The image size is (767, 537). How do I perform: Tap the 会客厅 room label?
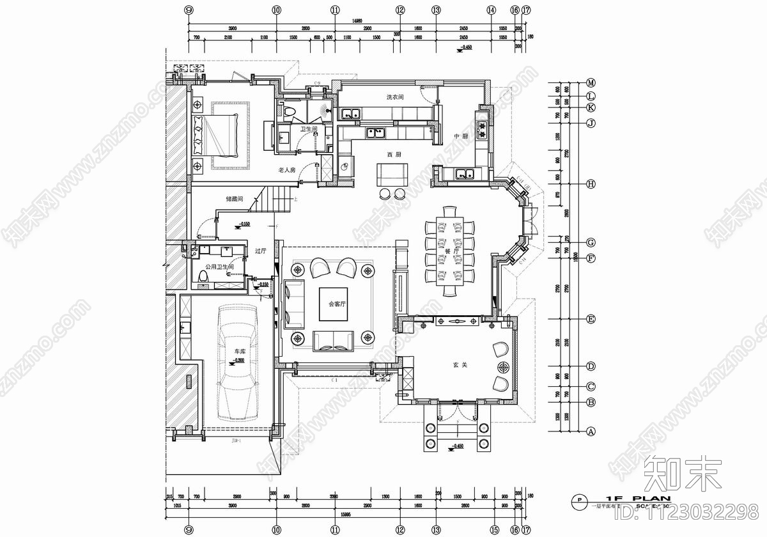click(x=337, y=304)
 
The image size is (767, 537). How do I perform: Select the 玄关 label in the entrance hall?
click(x=461, y=364)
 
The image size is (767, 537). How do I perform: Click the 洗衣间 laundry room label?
click(x=394, y=97)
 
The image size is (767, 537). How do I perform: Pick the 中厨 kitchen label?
click(x=461, y=136)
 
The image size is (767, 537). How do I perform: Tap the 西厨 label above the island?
click(x=394, y=155)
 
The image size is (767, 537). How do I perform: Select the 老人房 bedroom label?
click(x=286, y=170)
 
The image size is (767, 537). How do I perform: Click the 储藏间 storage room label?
click(x=234, y=199)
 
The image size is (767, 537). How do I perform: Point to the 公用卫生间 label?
click(x=219, y=266)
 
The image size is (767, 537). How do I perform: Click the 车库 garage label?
click(x=240, y=352)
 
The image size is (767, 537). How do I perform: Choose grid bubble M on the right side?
click(x=591, y=83)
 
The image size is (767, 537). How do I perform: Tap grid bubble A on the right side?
click(x=591, y=432)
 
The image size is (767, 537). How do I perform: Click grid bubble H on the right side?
click(x=591, y=184)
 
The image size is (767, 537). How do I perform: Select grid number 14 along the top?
click(x=491, y=10)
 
